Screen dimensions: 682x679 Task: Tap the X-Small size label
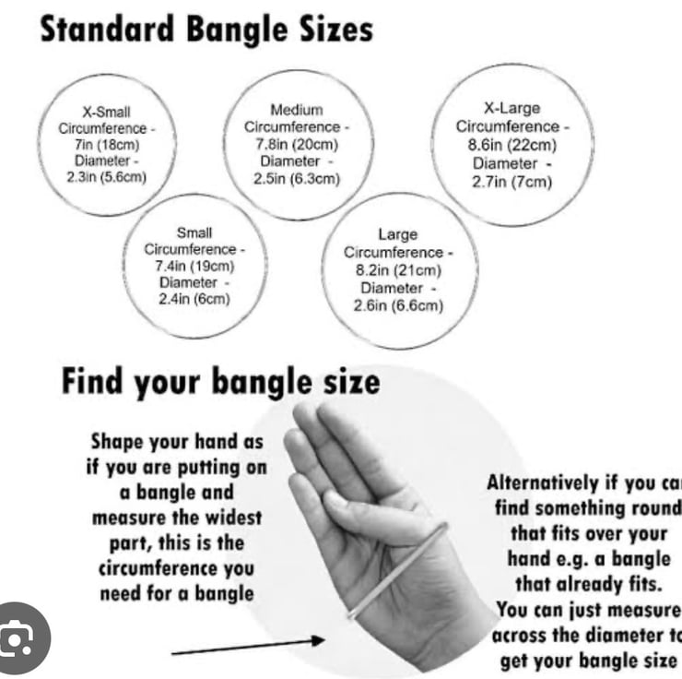point(107,113)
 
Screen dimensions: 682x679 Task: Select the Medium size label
point(296,111)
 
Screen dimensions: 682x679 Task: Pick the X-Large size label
point(511,108)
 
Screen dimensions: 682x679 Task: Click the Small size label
point(194,232)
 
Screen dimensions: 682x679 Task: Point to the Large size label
point(397,234)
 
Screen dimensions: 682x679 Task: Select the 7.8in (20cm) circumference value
point(297,144)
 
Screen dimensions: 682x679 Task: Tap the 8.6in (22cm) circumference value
point(511,145)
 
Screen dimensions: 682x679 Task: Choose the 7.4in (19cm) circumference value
point(194,266)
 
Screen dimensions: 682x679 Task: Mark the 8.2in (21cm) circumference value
point(398,270)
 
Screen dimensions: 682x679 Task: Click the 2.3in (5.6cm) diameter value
point(107,177)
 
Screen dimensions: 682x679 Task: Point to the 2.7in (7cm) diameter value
point(511,182)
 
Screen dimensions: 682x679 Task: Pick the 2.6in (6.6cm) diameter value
point(398,305)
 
